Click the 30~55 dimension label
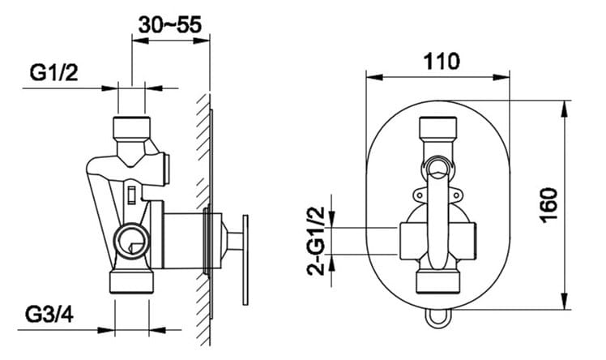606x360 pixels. point(170,25)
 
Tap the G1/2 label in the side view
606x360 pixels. point(53,72)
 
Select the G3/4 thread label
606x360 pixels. point(49,315)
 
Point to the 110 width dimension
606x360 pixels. point(442,61)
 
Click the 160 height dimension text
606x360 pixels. point(549,205)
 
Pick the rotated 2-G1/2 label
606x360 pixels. point(316,241)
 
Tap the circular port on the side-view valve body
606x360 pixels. point(132,241)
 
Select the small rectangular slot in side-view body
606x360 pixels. point(132,195)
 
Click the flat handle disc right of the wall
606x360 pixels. point(245,259)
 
